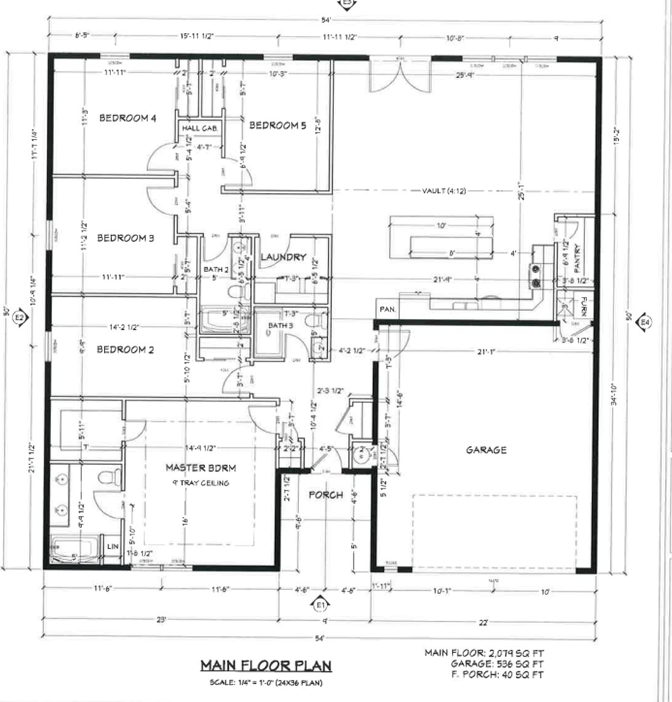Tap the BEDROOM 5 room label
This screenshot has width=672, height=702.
point(278,126)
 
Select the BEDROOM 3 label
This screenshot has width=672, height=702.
point(126,238)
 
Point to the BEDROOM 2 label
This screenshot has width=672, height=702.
point(126,350)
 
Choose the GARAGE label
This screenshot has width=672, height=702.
point(486,450)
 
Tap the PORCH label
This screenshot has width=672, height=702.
point(325,495)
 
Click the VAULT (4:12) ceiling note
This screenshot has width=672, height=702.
point(444,191)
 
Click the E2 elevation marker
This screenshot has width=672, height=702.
point(20,319)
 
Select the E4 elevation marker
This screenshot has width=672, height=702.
point(644,322)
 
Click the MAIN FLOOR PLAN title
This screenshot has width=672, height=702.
point(266,665)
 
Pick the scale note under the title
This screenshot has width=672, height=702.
point(266,682)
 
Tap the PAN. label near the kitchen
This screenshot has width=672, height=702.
point(388,309)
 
